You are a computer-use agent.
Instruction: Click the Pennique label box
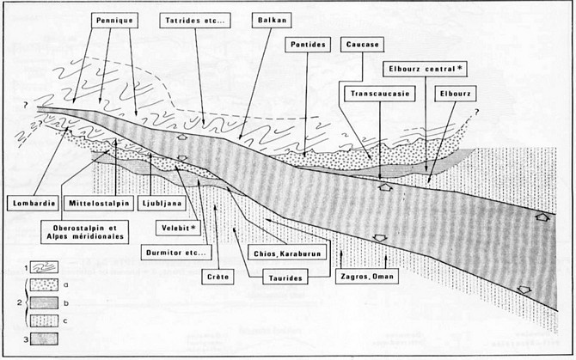pyautogui.click(x=114, y=21)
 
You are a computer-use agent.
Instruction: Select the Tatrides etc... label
pyautogui.click(x=195, y=21)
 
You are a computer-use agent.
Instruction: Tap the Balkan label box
pyautogui.click(x=272, y=20)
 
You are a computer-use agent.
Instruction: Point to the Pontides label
pyautogui.click(x=308, y=45)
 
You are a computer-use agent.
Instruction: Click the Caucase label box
pyautogui.click(x=362, y=45)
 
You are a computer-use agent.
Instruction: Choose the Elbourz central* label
pyautogui.click(x=425, y=69)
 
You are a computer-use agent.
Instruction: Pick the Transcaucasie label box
pyautogui.click(x=380, y=94)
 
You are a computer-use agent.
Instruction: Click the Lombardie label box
pyautogui.click(x=33, y=204)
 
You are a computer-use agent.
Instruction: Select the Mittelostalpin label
pyautogui.click(x=99, y=204)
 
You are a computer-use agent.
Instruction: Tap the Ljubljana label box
pyautogui.click(x=162, y=204)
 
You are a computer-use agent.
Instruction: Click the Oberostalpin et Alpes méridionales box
pyautogui.click(x=85, y=232)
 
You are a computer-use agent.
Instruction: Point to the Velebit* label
pyautogui.click(x=178, y=228)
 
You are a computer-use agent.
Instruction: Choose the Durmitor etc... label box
pyautogui.click(x=176, y=253)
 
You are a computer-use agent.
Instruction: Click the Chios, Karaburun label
pyautogui.click(x=287, y=253)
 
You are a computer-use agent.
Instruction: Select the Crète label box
pyautogui.click(x=218, y=277)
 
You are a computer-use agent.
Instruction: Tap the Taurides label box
pyautogui.click(x=285, y=278)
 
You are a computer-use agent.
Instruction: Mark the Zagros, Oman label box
pyautogui.click(x=366, y=277)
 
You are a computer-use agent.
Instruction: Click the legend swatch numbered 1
pyautogui.click(x=44, y=267)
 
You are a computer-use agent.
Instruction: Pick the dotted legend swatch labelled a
pyautogui.click(x=44, y=284)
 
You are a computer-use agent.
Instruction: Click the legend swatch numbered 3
pyautogui.click(x=44, y=339)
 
